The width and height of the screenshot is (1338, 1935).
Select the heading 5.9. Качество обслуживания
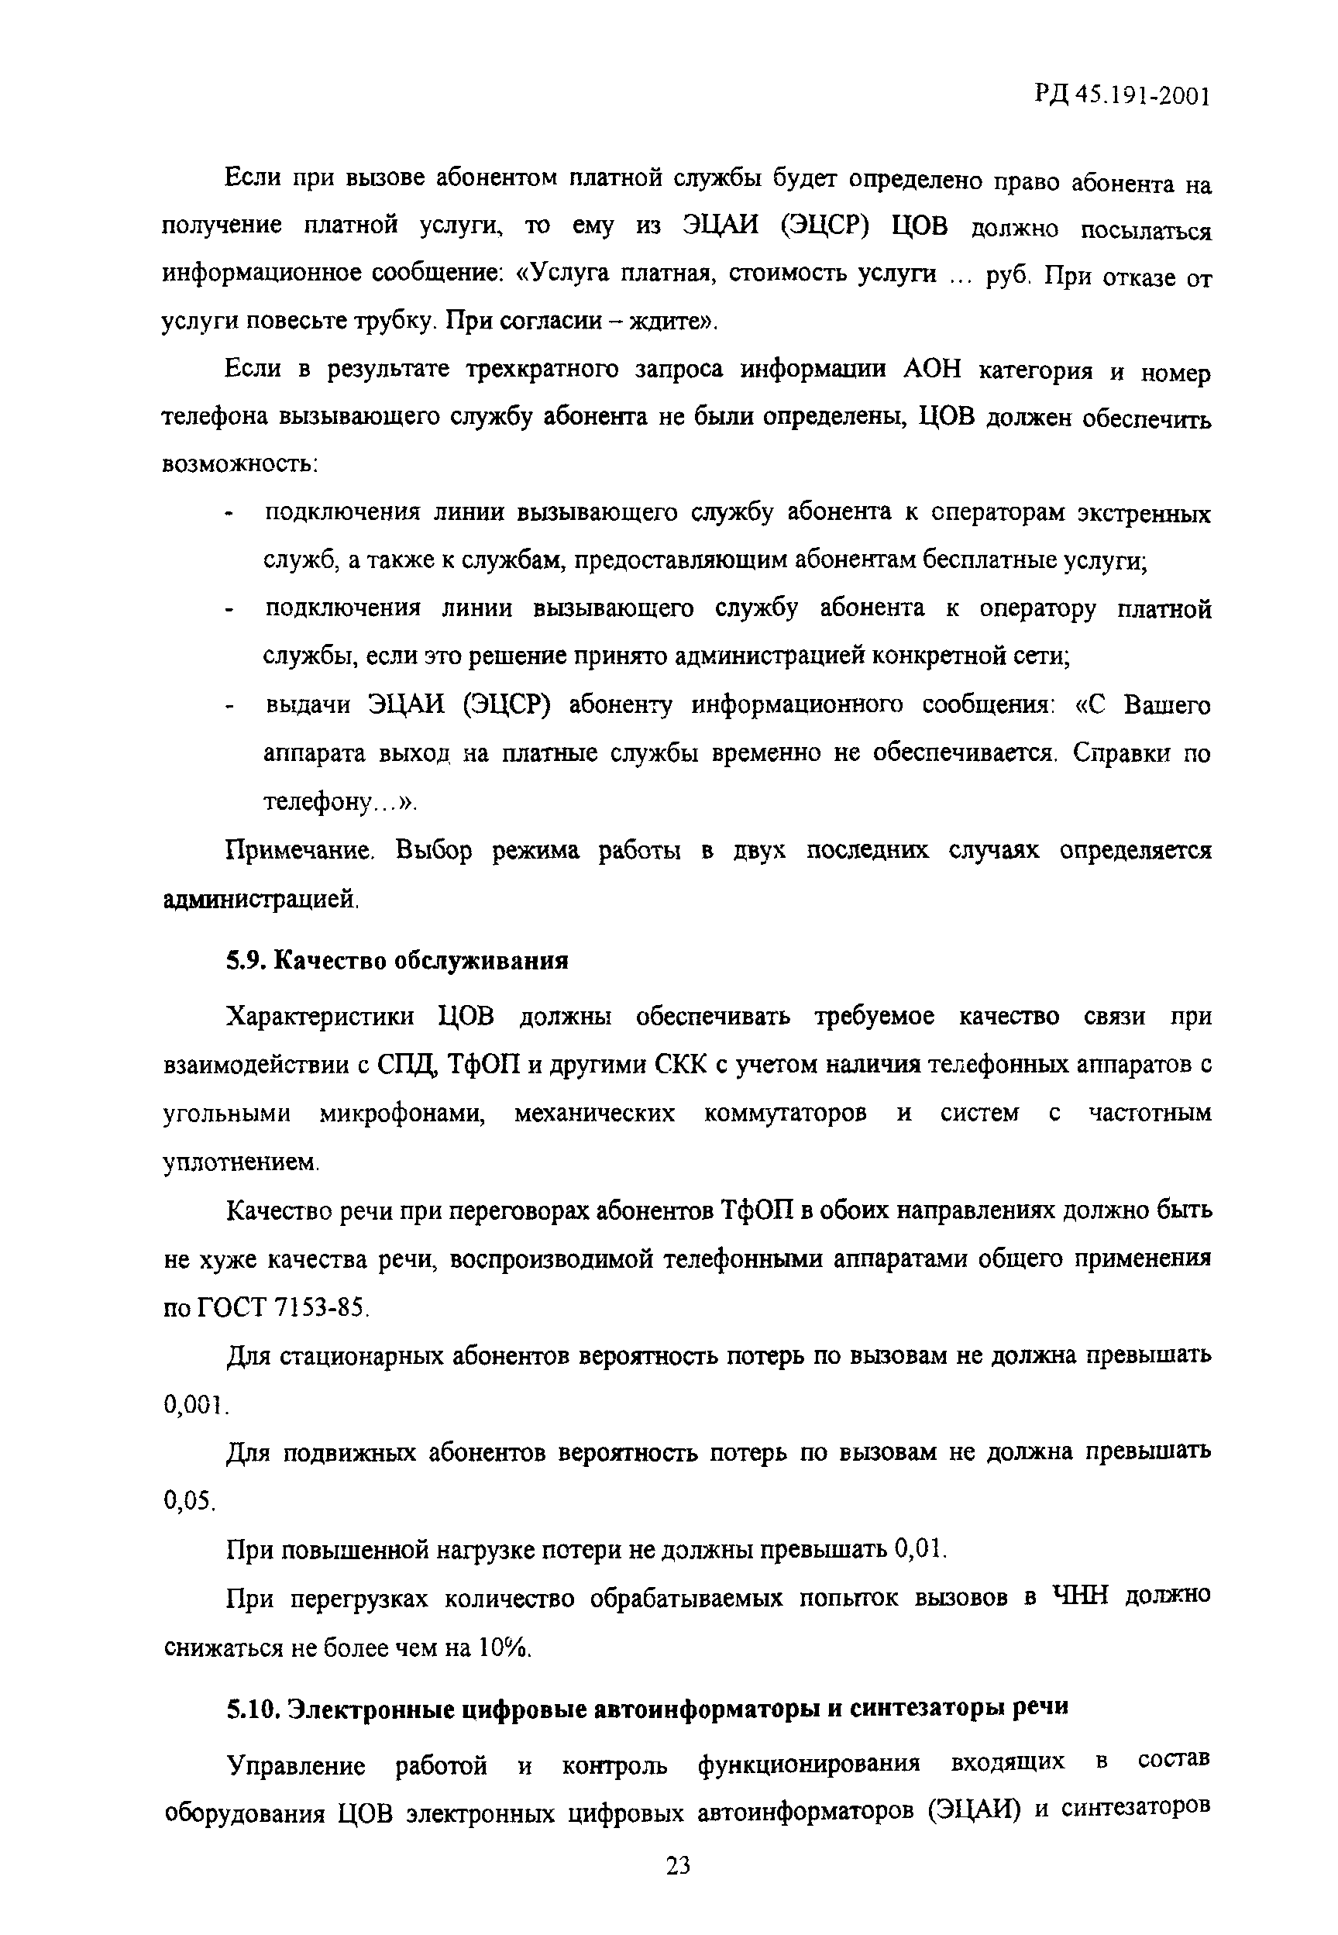tap(397, 961)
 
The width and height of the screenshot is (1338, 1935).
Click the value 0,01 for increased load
tap(920, 1549)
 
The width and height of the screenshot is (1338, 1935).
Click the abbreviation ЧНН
tap(1078, 1597)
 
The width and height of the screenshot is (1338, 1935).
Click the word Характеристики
tap(320, 1017)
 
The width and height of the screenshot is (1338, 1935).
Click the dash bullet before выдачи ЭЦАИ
tap(228, 708)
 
